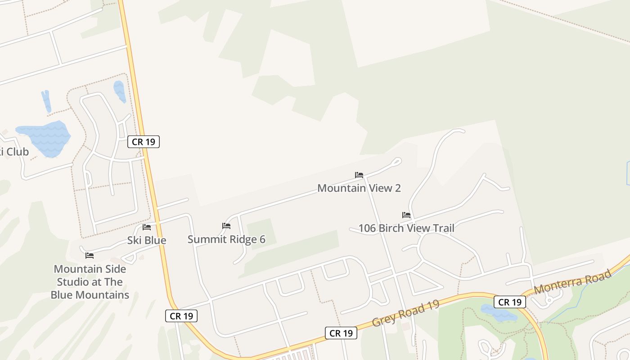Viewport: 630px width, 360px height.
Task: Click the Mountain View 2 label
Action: [x=359, y=188]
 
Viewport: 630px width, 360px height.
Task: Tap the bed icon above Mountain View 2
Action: [x=359, y=175]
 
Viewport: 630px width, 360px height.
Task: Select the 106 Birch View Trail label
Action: [x=406, y=228]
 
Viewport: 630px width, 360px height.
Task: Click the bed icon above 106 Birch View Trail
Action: [x=406, y=215]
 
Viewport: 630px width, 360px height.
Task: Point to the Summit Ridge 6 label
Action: [x=226, y=239]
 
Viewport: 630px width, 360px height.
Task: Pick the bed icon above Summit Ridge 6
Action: [x=226, y=226]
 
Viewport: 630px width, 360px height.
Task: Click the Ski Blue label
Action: [x=147, y=240]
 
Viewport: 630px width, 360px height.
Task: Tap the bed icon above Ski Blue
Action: [x=147, y=227]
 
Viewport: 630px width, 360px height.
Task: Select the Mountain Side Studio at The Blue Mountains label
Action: [x=90, y=282]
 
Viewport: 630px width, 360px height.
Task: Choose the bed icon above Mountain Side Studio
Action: [x=90, y=256]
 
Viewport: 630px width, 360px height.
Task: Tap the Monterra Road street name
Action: [x=572, y=282]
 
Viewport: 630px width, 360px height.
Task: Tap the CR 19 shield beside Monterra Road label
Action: [x=510, y=302]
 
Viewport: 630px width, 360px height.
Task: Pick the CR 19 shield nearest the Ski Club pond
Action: [x=144, y=142]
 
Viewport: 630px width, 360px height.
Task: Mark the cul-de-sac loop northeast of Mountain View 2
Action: [x=396, y=161]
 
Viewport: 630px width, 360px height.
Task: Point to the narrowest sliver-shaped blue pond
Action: [x=46, y=101]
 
